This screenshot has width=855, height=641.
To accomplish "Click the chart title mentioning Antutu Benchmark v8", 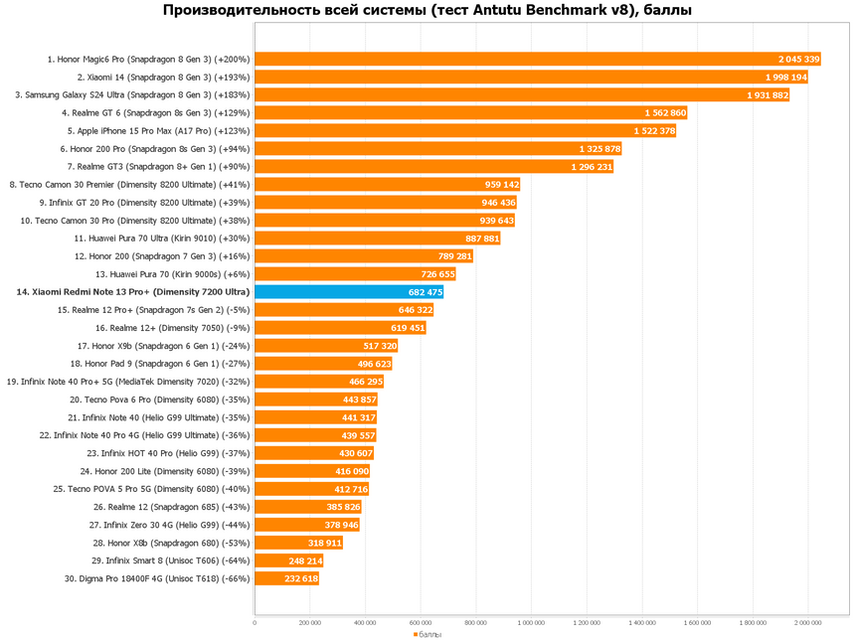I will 427,11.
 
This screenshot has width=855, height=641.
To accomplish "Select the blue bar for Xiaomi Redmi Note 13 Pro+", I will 348,292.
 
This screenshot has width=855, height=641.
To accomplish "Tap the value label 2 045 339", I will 799,60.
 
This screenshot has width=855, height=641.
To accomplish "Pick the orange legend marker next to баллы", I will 415,633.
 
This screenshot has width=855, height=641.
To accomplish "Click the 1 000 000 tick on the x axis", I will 532,624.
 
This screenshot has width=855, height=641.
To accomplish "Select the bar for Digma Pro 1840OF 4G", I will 286,578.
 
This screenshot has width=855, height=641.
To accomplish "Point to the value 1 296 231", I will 592,167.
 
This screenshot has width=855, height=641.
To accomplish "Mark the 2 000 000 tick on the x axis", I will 807,624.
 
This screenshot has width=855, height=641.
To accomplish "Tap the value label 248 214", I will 303,561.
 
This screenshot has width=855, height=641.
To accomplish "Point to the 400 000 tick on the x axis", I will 366,624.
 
